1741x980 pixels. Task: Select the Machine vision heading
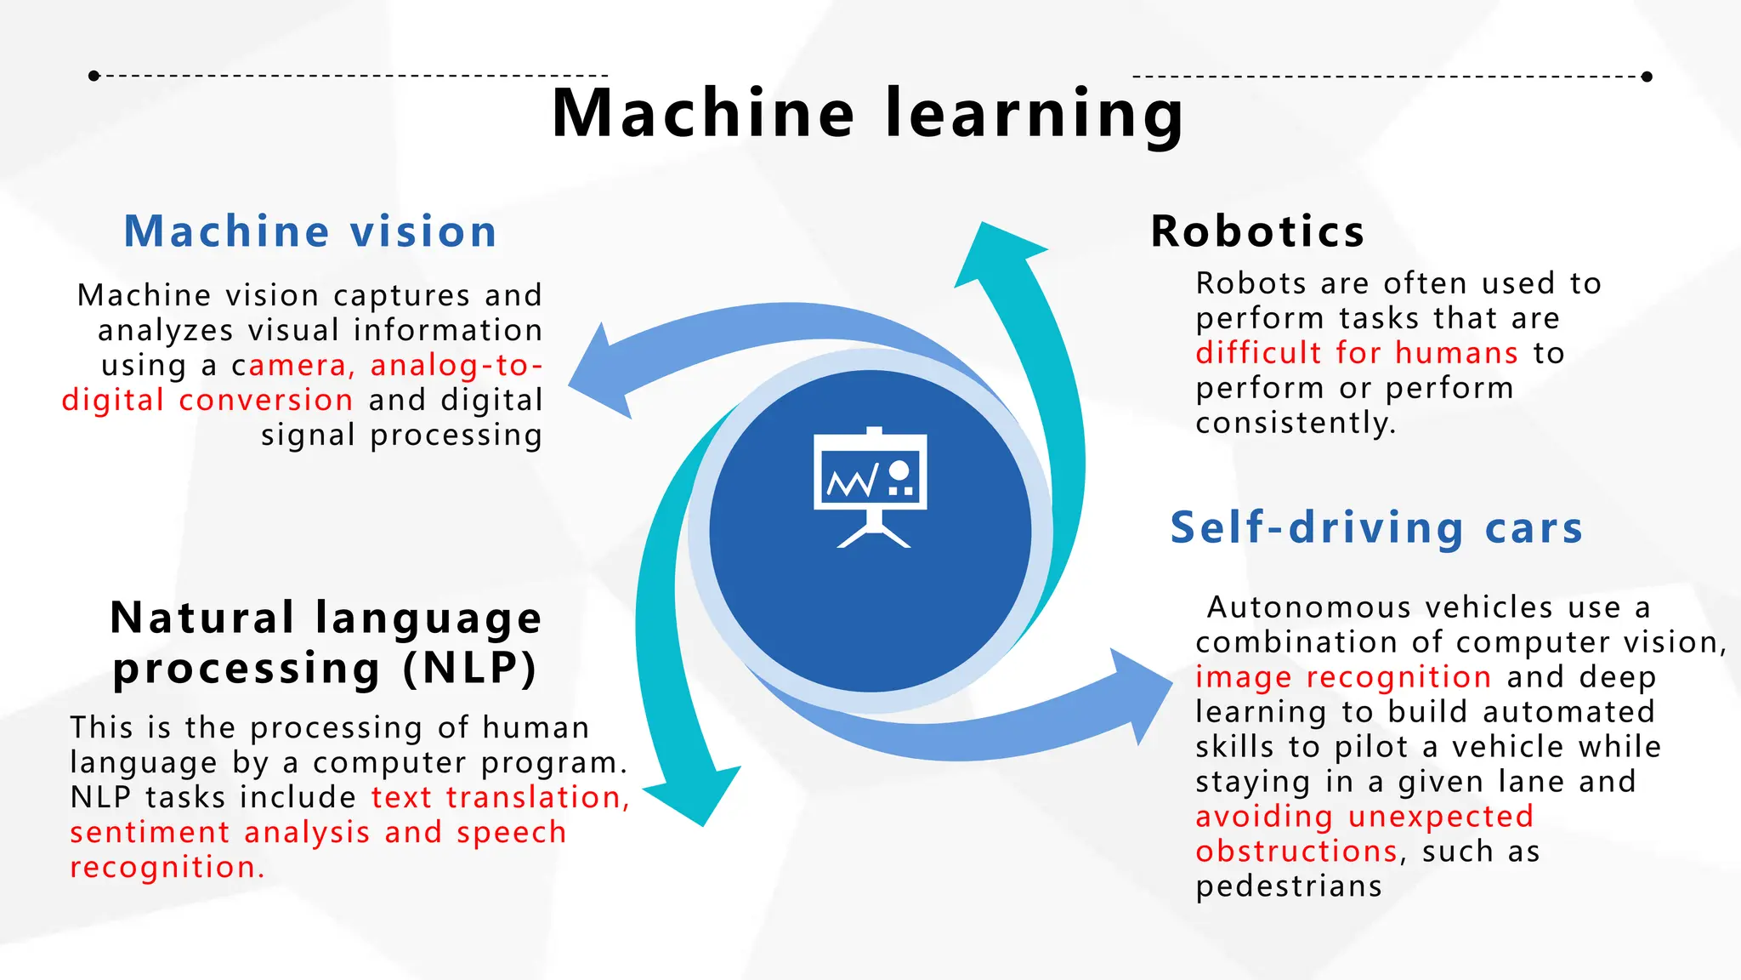point(310,231)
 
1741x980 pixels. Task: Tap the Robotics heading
point(1257,231)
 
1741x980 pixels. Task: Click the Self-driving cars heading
point(1376,527)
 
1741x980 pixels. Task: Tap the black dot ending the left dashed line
point(94,76)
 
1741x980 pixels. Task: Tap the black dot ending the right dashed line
point(1647,77)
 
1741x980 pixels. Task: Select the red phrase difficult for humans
point(1356,352)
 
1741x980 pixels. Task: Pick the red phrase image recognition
point(1343,677)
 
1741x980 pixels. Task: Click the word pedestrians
point(1289,886)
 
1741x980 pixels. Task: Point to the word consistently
point(1296,423)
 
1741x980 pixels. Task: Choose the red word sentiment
point(150,832)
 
